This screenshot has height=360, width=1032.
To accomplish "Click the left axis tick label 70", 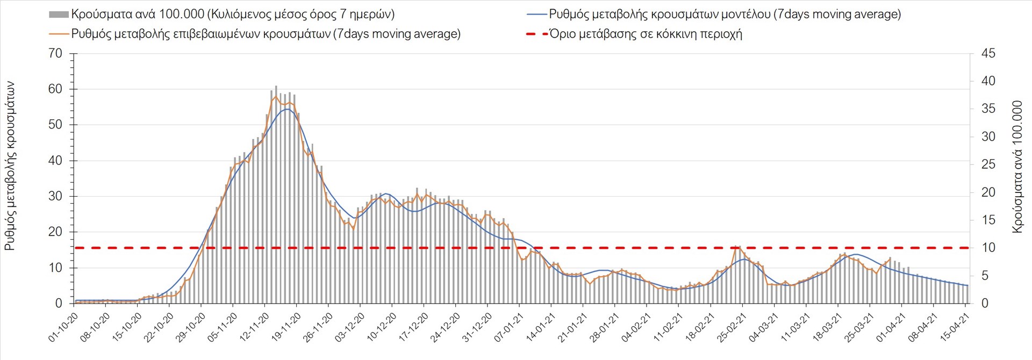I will coord(55,53).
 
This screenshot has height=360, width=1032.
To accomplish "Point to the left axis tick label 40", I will coord(55,161).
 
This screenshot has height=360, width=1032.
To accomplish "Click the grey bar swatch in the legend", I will coord(59,15).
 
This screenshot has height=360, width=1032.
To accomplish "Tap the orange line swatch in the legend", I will coord(59,34).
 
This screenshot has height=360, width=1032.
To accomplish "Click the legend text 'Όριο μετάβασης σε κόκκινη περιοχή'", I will coord(646,34).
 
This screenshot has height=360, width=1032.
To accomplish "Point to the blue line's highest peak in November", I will coord(288,109).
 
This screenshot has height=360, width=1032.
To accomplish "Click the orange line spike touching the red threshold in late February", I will coord(735,247).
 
